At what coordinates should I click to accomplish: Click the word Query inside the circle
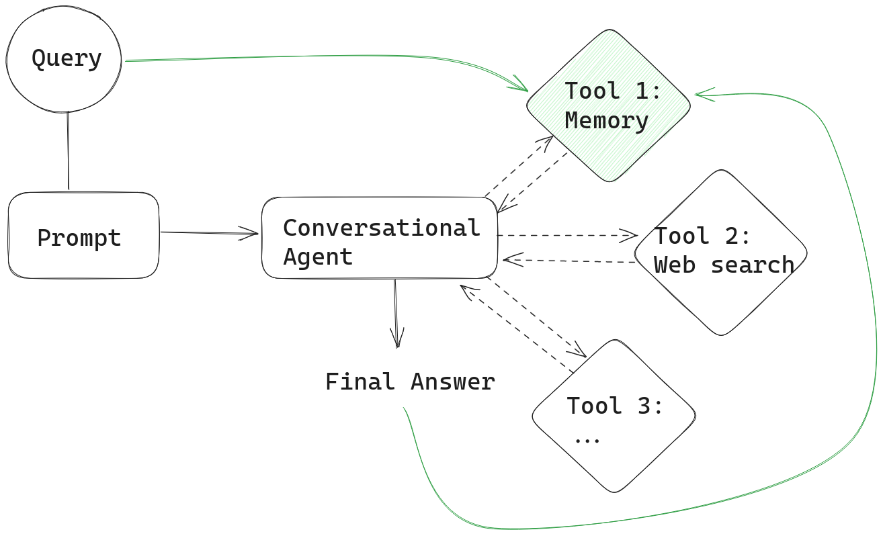67,58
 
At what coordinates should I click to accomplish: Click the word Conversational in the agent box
381,228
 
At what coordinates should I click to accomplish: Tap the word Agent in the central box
318,257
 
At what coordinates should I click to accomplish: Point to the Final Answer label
410,382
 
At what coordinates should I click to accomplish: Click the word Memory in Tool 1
606,121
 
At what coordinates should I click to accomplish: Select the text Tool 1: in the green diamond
613,91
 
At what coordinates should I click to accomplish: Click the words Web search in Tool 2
724,265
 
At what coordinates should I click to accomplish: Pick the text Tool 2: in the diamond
702,236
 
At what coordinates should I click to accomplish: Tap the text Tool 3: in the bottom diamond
615,406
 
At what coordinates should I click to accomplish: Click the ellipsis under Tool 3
587,438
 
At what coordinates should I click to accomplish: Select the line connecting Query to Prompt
68,151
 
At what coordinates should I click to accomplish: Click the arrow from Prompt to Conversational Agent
208,233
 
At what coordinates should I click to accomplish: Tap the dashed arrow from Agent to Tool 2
564,235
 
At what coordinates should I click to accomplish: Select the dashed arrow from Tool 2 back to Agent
571,261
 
